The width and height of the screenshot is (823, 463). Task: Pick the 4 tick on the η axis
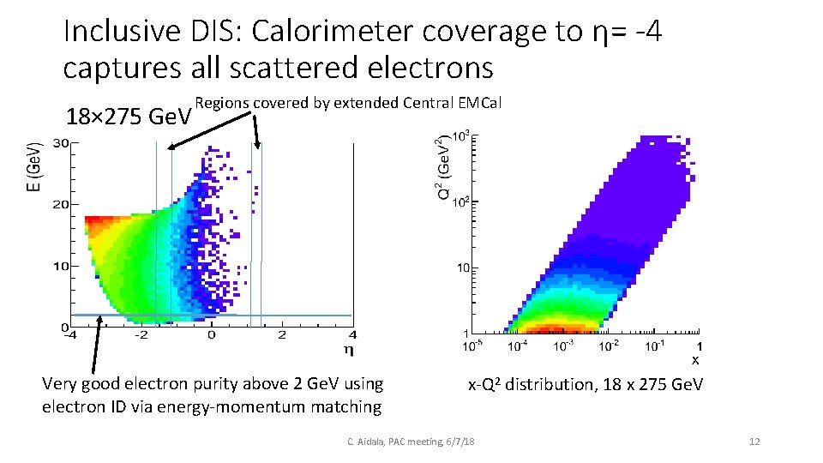point(352,334)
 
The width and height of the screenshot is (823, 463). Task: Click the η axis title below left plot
point(347,349)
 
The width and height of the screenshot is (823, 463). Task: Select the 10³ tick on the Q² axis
point(460,136)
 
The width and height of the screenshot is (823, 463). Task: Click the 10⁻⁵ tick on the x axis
point(472,346)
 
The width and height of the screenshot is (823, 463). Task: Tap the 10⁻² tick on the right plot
point(609,346)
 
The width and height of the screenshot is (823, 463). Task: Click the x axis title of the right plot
point(695,359)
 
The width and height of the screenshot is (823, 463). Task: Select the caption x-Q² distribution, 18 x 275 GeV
point(585,385)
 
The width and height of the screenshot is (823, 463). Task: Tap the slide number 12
point(754,442)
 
